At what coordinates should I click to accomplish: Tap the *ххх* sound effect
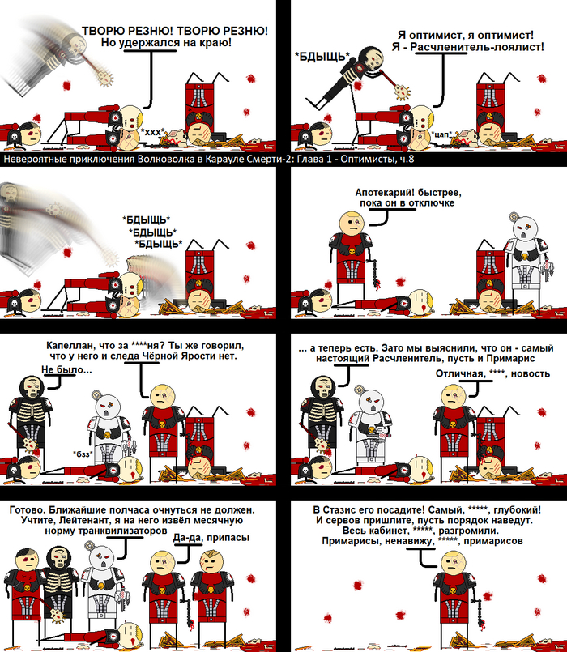tap(152, 132)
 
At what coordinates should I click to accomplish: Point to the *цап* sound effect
tap(442, 134)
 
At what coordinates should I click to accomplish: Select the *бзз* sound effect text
tap(83, 454)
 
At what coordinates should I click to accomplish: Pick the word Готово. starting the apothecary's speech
tap(24, 509)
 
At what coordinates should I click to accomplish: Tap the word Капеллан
tap(64, 346)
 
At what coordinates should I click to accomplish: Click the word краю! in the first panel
tap(218, 42)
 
